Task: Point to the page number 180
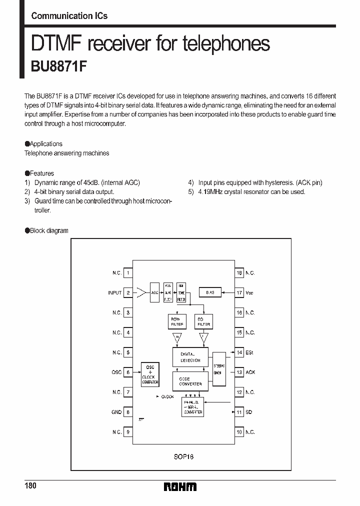[x=30, y=486]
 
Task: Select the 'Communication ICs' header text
[x=69, y=15]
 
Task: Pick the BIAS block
[x=210, y=292]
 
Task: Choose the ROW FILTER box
[x=176, y=321]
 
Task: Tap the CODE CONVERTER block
[x=190, y=381]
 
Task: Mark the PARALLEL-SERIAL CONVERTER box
[x=193, y=407]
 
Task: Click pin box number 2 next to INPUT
[x=128, y=292]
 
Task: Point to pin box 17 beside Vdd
[x=239, y=292]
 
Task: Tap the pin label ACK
[x=250, y=372]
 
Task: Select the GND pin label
[x=116, y=412]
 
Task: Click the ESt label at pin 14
[x=249, y=352]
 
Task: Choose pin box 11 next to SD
[x=239, y=412]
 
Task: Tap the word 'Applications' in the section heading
[x=46, y=143]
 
